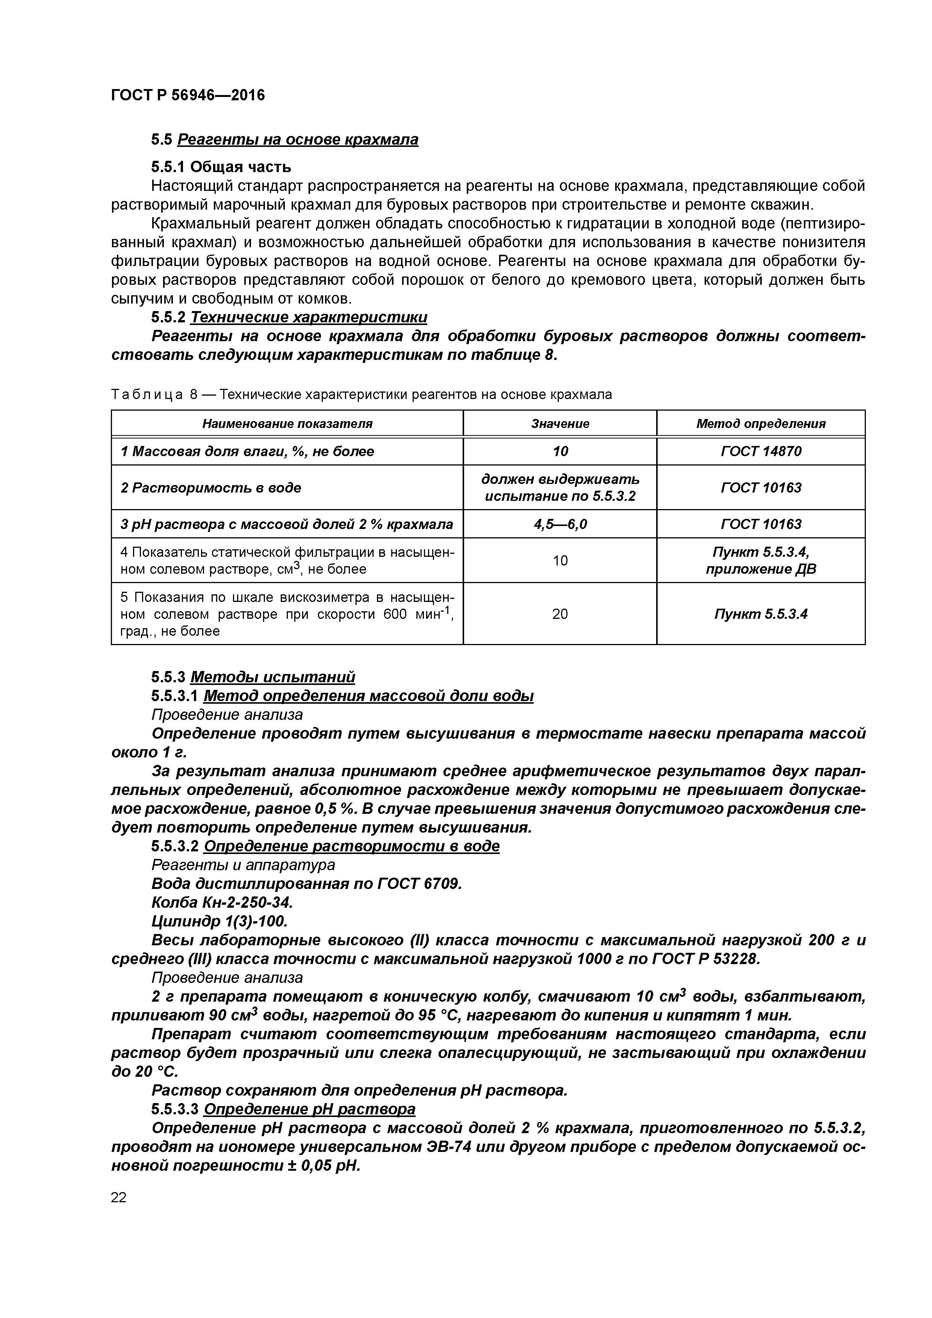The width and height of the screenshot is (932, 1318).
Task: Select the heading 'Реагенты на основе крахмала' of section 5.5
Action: coord(298,139)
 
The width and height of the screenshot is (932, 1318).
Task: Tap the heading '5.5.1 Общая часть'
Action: coord(221,167)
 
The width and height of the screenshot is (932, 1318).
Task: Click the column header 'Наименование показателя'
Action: coord(287,424)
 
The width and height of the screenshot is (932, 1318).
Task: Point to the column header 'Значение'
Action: coord(560,424)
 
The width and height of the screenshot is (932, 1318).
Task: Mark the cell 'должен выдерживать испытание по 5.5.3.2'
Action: coord(560,487)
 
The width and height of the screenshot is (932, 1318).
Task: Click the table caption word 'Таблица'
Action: coord(147,395)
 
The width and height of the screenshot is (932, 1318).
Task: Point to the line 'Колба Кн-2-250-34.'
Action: coord(222,903)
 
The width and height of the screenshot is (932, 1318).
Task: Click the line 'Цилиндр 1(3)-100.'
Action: coord(219,922)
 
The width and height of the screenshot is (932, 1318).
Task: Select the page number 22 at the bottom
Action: coord(118,1197)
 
